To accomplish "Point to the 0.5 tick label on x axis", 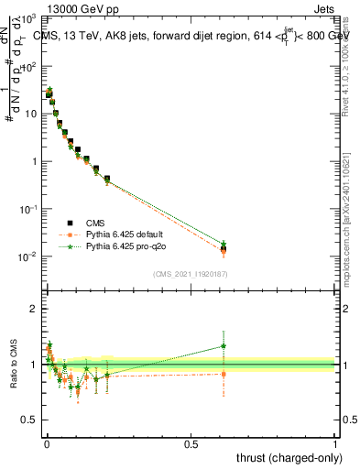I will click(x=191, y=443).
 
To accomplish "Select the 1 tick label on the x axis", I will click(x=336, y=443).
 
